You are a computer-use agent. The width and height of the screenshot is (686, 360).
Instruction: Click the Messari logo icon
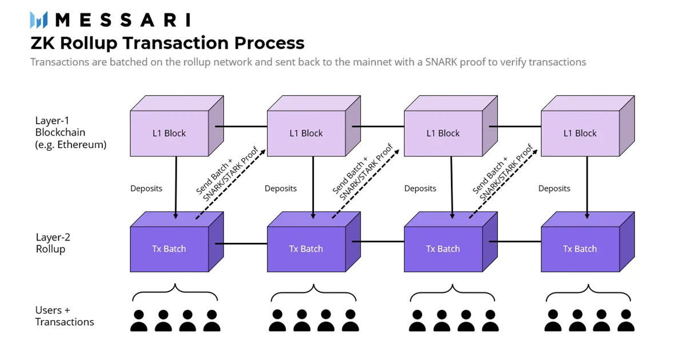(38, 20)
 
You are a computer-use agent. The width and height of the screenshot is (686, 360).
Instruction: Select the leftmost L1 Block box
(169, 133)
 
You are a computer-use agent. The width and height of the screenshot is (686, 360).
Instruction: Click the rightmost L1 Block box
(580, 133)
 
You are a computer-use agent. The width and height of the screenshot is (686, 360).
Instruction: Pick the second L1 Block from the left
(306, 133)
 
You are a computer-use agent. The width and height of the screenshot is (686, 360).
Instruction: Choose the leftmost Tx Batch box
(169, 249)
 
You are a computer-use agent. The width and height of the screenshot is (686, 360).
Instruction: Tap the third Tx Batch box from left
(442, 249)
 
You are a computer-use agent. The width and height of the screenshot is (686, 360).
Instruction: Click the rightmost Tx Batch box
(580, 249)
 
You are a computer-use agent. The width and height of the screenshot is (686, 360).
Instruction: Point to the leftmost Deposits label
(146, 189)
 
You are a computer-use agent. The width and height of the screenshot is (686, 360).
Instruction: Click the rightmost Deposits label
(554, 189)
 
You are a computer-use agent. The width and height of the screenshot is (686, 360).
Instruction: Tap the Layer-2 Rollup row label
(53, 243)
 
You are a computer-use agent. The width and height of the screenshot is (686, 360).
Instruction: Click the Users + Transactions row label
(64, 316)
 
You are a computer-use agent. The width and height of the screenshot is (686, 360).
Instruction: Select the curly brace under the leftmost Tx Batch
(175, 293)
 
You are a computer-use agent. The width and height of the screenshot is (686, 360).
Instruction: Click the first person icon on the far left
(139, 321)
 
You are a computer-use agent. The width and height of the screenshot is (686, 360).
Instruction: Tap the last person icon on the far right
(626, 321)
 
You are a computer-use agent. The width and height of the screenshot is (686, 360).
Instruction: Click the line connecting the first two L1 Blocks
(240, 126)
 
